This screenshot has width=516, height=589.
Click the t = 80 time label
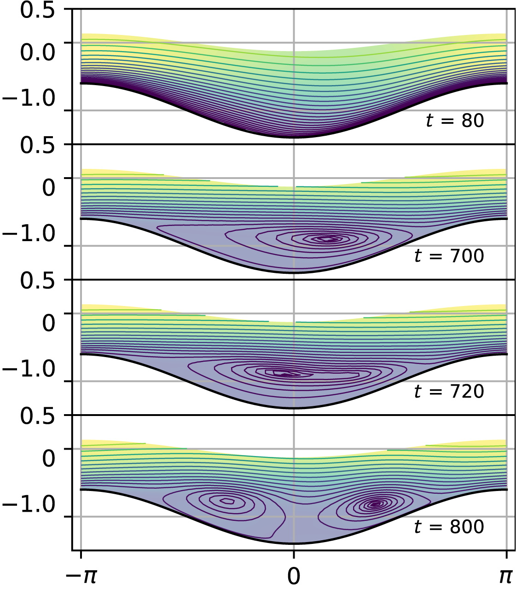pos(454,121)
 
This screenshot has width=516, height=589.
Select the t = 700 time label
pos(449,256)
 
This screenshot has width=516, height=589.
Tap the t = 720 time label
pos(449,391)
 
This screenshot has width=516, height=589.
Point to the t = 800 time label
pos(449,526)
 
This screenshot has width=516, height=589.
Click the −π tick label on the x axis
pos(81,576)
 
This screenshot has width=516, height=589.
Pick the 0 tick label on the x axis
pos(294,576)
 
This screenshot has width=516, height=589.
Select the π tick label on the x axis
pos(506,576)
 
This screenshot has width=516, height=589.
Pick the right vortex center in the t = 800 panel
pos(376,504)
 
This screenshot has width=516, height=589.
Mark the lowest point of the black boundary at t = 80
pos(294,137)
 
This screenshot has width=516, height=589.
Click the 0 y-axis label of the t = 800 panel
pos(49,458)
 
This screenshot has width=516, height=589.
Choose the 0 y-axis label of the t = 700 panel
pos(49,188)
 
